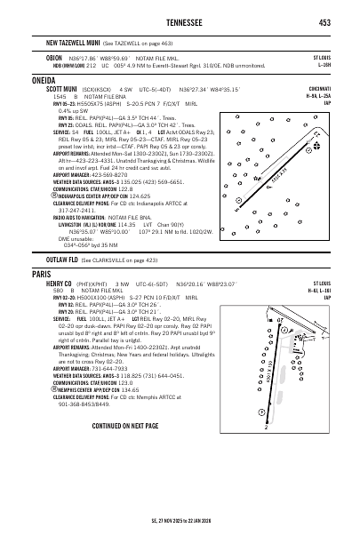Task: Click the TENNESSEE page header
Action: (180, 23)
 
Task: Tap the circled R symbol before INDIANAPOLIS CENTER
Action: (50, 194)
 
